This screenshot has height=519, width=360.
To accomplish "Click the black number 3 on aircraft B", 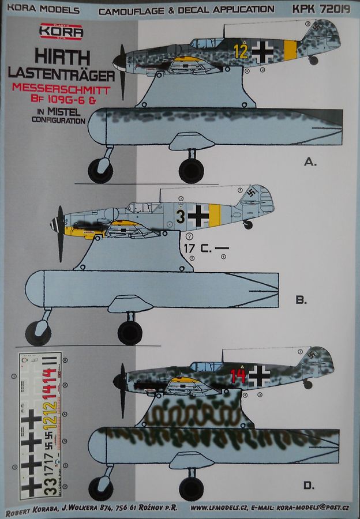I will pos(180,217).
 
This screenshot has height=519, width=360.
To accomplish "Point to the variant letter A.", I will pos(310,163).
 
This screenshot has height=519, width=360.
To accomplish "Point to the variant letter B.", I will pos(300,300).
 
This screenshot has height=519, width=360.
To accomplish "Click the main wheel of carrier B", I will pos(130,333).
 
